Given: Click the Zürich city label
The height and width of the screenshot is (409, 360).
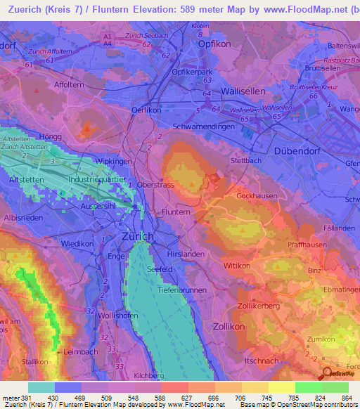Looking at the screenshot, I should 137,236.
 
